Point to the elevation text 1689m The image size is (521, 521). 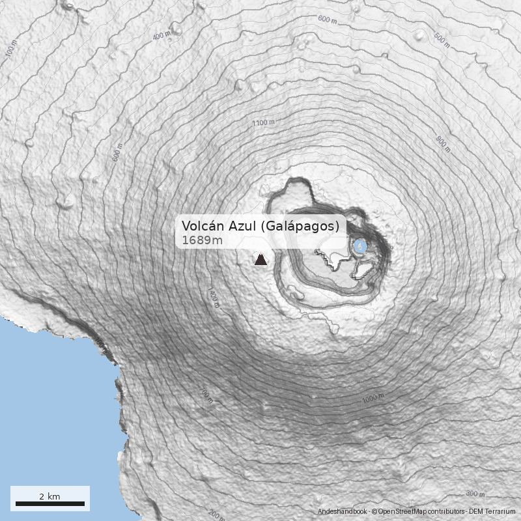coord(202,240)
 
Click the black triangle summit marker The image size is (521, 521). coord(260,260)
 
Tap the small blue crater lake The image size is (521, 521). coord(359,246)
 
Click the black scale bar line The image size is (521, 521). coord(50,503)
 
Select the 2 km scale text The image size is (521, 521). coord(49,496)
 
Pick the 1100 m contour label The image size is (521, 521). coord(263,123)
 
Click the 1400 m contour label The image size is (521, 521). coord(214,297)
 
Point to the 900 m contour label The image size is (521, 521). coord(443,144)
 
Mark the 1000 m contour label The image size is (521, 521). coord(373,398)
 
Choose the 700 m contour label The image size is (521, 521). coord(206,395)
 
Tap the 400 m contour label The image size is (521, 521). coord(160,35)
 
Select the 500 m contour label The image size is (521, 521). coord(442,40)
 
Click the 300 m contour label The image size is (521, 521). coord(475,494)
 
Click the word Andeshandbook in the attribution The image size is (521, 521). coord(343,512)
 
